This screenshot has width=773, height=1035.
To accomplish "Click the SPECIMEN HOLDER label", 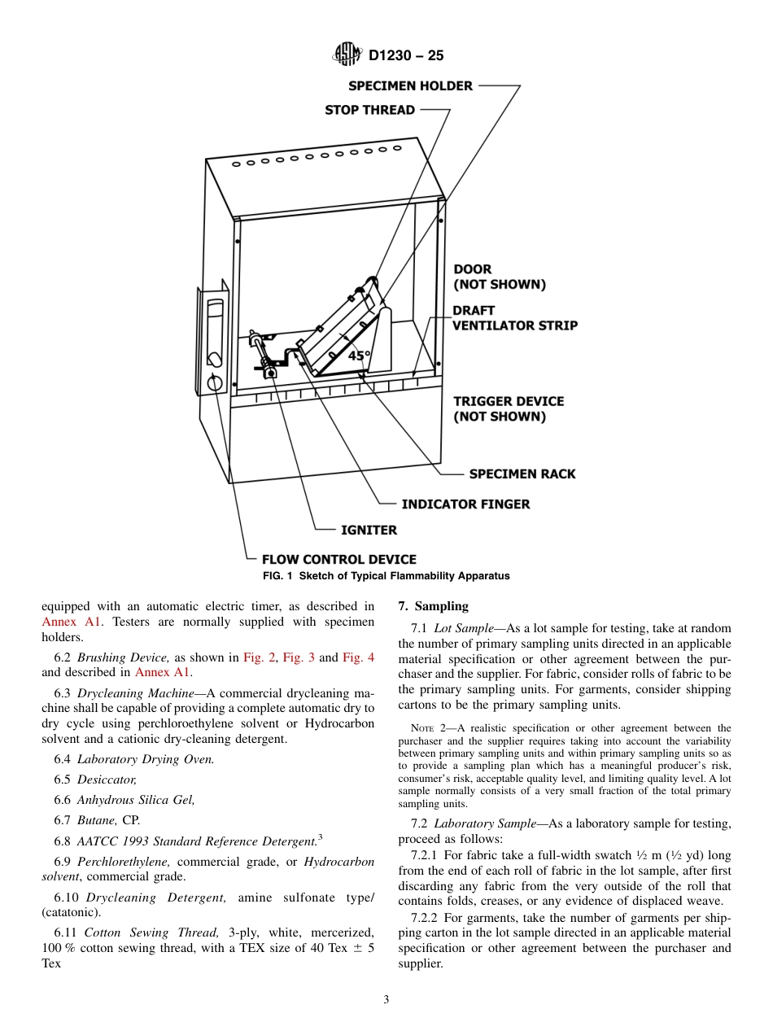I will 410,86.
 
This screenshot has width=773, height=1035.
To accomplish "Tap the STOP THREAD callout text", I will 369,110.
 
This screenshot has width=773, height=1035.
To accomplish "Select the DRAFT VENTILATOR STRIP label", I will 515,318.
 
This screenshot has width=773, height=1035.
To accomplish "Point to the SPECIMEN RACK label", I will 522,474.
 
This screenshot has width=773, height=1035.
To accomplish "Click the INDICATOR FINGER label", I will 465,504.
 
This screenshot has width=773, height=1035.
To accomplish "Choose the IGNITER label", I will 369,531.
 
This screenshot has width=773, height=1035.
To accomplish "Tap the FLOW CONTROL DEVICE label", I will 338,560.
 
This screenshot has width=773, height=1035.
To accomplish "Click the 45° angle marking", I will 359,356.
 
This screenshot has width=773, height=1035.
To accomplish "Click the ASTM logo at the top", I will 347,55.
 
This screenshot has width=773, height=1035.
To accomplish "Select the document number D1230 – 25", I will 406,56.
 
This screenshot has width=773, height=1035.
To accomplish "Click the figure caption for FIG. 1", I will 386,576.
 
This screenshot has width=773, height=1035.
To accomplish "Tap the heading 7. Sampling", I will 433,606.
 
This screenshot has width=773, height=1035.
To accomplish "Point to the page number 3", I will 386,1000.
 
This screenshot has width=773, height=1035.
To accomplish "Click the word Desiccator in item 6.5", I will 107,780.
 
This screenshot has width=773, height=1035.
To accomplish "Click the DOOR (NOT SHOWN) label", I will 499,277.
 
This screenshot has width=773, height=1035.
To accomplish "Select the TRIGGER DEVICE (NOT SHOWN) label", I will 509,409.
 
